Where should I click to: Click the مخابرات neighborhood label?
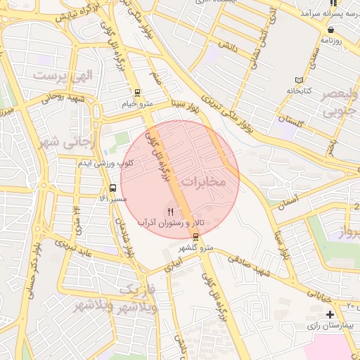(204, 182)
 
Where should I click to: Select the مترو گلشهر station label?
(195, 247)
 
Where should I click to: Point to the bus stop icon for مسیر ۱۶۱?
(112, 188)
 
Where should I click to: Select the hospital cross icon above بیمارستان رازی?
(330, 314)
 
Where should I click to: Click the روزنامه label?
(331, 41)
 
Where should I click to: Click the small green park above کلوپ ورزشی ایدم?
(122, 139)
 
